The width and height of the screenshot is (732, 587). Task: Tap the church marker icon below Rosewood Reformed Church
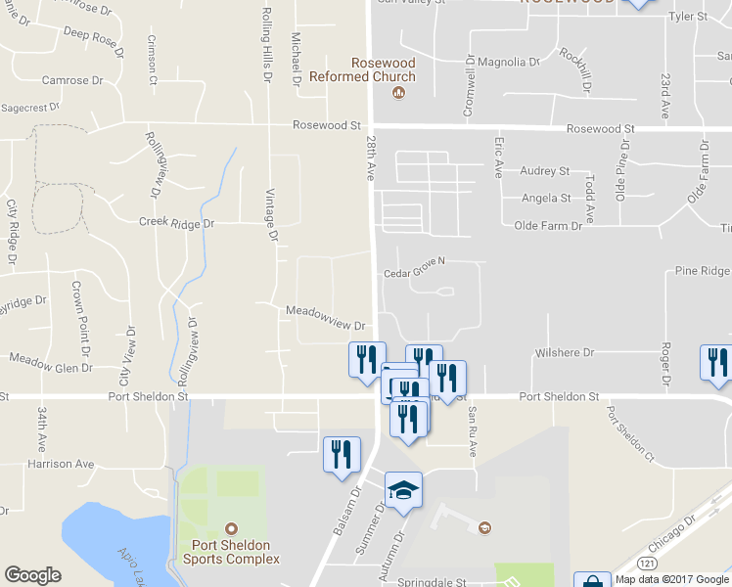coord(398,94)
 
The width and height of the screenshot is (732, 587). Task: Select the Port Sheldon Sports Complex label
coord(231,552)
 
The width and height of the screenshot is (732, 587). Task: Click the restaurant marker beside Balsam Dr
coord(342,455)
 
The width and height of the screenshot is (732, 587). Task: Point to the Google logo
coord(32,575)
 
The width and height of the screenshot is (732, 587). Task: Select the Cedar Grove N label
coord(414,261)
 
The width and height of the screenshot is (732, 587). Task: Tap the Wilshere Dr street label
coord(565,352)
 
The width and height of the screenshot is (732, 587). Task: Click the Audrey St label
coord(544,171)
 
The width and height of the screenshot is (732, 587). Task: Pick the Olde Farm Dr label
coord(548,226)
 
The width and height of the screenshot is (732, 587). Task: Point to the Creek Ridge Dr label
coord(176,223)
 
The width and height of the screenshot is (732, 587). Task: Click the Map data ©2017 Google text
coord(672,578)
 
